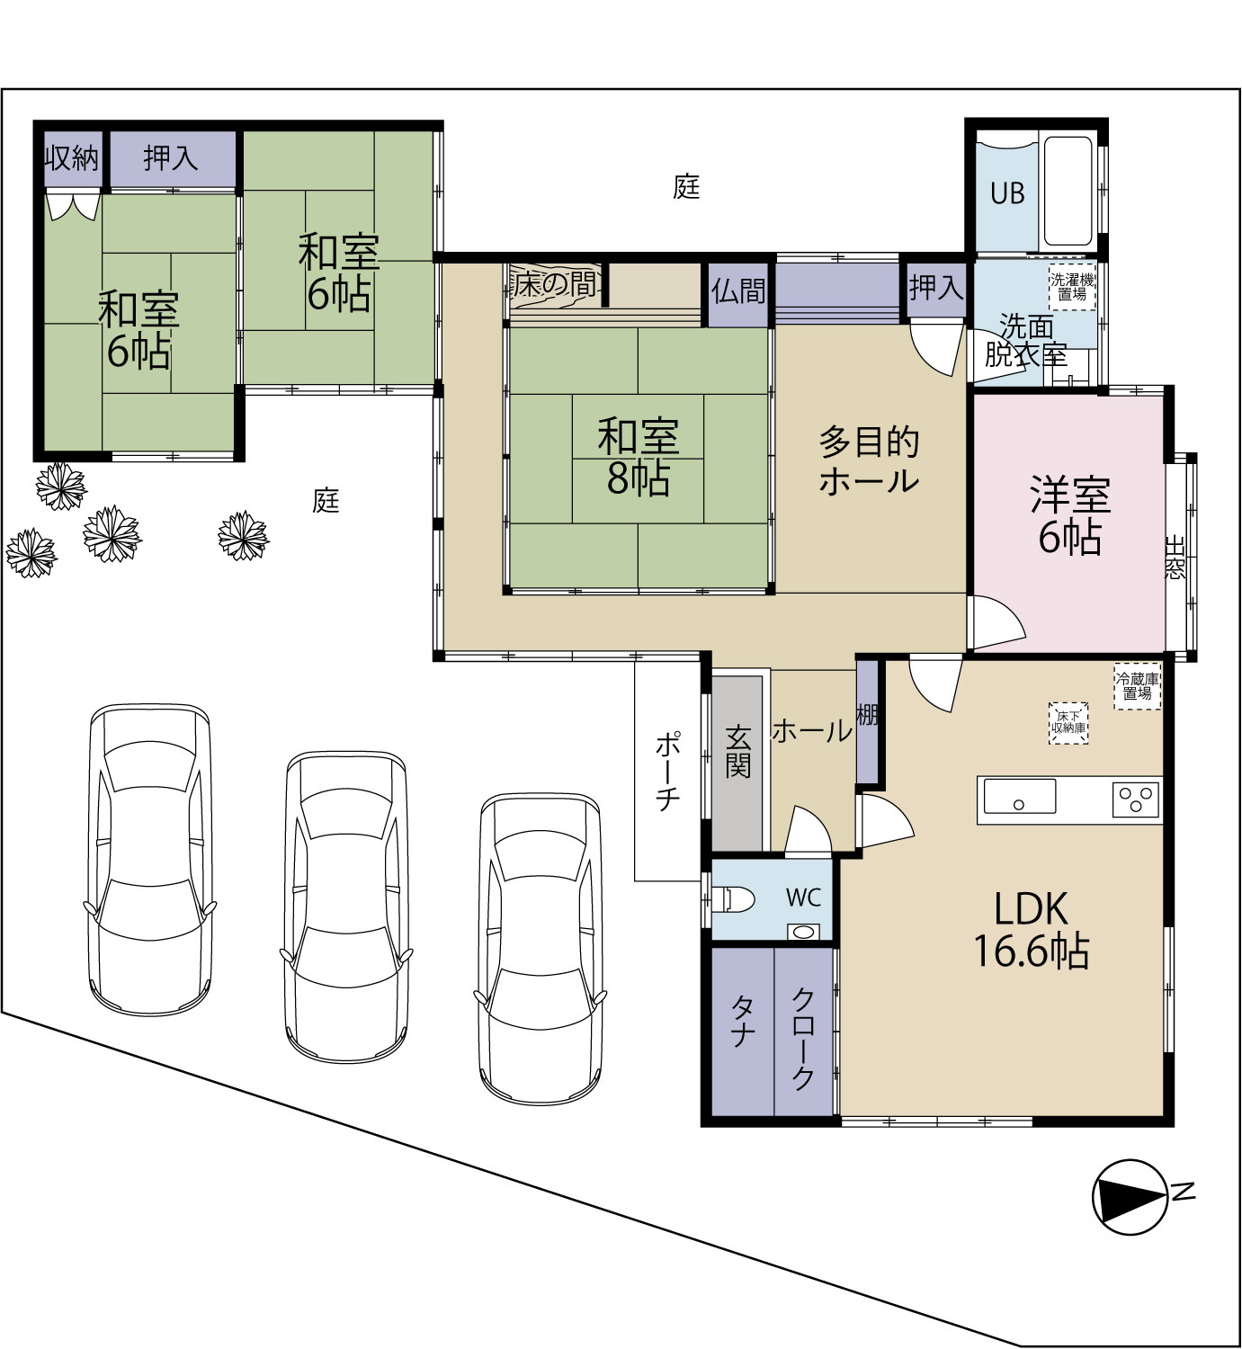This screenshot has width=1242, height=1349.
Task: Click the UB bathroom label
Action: [x=1007, y=193]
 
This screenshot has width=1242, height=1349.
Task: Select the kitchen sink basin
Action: [x=1019, y=796]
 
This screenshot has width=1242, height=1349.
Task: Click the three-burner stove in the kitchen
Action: [x=1136, y=800]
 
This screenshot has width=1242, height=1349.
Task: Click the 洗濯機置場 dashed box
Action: [x=1072, y=288]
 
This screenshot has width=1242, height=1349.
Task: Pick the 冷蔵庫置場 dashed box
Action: [x=1137, y=686]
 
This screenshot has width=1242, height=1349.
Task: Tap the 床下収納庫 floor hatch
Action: [x=1068, y=723]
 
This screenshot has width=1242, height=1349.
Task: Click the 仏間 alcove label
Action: [x=738, y=291]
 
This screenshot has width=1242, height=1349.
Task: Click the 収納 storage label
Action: [x=71, y=158]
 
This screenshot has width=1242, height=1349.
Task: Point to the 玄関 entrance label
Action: [x=738, y=751]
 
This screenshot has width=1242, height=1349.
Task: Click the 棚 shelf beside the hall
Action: [x=867, y=714]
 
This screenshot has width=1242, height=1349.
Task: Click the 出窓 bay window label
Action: [x=1175, y=557]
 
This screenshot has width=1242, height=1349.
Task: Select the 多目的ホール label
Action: [x=869, y=460]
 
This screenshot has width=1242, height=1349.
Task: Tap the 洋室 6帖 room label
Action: [x=1069, y=515]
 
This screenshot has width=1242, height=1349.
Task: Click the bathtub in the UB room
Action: [x=1068, y=192]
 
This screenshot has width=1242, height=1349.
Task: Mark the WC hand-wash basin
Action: [x=802, y=932]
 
